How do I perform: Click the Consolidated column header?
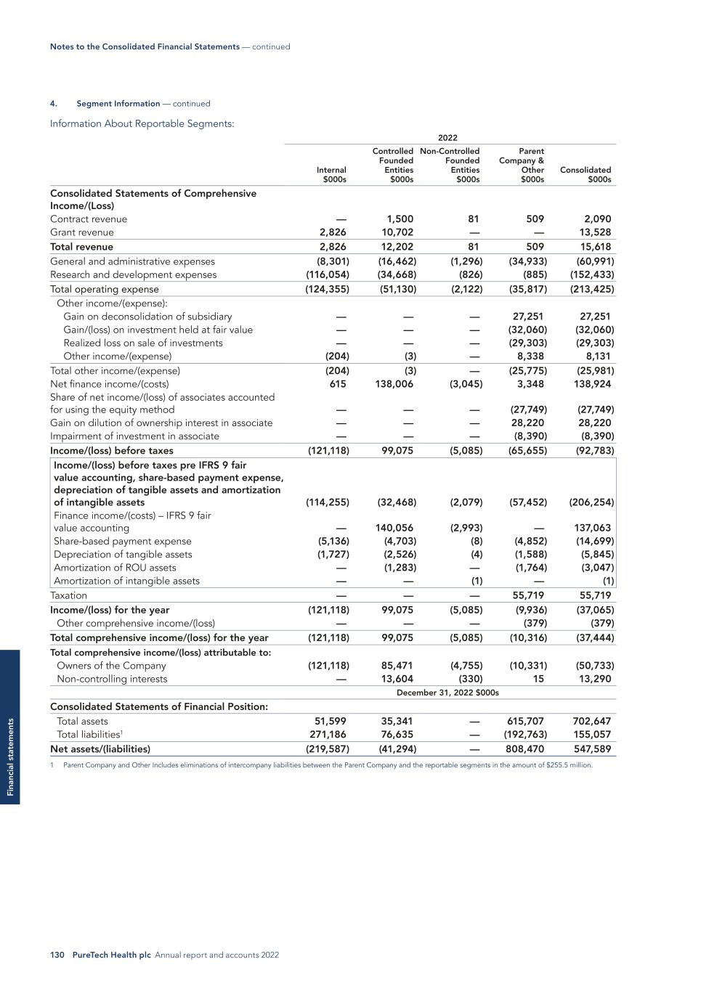585,174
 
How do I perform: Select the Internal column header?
331,174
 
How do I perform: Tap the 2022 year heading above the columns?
447,138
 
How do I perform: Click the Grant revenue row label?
82,232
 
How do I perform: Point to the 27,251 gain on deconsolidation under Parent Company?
527,317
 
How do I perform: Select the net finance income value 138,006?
394,384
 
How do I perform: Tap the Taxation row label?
68,595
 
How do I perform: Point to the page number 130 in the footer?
57,955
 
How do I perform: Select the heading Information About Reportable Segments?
142,123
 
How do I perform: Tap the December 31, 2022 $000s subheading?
447,693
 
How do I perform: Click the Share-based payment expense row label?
122,541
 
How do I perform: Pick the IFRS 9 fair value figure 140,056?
394,528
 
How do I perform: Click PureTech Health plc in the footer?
111,955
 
